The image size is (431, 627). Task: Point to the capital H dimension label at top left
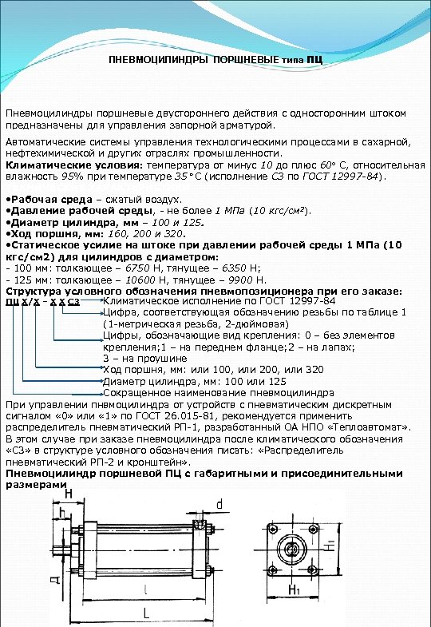67,495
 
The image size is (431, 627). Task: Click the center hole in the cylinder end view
292,550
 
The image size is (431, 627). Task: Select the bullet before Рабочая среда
8,198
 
